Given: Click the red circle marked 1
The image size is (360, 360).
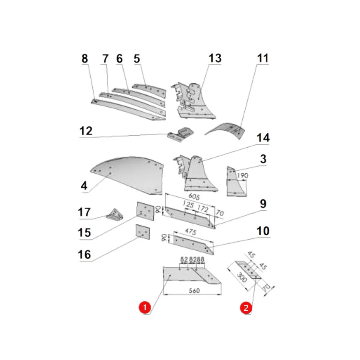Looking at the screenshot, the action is (x=145, y=307).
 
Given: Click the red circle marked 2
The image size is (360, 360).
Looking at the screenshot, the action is (x=246, y=308).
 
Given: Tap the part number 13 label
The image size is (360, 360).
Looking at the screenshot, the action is (x=215, y=58).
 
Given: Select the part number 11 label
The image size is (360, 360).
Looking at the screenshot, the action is (x=263, y=58).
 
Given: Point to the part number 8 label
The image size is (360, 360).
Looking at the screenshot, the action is (x=85, y=58).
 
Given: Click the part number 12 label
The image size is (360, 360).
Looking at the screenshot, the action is (x=86, y=131).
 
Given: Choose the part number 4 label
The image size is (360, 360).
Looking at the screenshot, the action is (x=84, y=186).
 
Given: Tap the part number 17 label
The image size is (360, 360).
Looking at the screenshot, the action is (x=84, y=212).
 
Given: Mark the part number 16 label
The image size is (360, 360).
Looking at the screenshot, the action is (x=84, y=254).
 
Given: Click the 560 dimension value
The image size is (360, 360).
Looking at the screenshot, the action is (x=194, y=291).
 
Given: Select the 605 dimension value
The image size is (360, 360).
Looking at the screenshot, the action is (x=194, y=196).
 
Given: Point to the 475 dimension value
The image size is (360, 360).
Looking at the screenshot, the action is (x=190, y=232).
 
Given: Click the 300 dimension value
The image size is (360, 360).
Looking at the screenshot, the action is (x=242, y=277).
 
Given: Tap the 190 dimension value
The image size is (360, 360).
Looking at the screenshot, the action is (x=243, y=176).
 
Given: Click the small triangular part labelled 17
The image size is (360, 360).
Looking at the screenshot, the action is (x=114, y=215).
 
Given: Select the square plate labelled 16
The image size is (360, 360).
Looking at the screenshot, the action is (x=142, y=232).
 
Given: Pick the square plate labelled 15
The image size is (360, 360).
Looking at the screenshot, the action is (x=145, y=211).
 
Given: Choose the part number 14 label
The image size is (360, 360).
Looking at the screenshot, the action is (x=263, y=138).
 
